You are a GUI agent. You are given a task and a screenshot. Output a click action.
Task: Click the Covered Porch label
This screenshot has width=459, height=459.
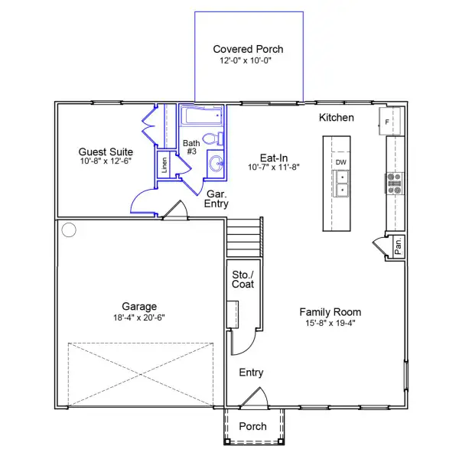pyautogui.click(x=248, y=49)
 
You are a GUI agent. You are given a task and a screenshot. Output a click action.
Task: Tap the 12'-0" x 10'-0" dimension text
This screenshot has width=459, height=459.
pyautogui.click(x=246, y=60)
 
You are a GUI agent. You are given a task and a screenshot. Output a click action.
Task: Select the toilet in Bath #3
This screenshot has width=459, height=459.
pyautogui.click(x=213, y=138)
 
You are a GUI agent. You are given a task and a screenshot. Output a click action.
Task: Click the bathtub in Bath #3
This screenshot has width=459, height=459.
pyautogui.click(x=201, y=116)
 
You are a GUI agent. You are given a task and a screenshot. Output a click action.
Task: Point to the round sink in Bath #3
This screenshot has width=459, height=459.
pyautogui.click(x=216, y=164)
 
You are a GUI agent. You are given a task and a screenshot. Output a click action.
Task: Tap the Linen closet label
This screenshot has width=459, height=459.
pyautogui.click(x=164, y=164)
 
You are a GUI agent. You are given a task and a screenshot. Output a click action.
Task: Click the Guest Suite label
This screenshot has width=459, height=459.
pyautogui.click(x=106, y=152)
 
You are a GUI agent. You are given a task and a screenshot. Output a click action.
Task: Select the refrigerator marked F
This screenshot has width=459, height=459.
pyautogui.click(x=389, y=122)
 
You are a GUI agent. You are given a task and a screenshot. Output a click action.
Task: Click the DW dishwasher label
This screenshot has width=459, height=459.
pyautogui.click(x=340, y=162)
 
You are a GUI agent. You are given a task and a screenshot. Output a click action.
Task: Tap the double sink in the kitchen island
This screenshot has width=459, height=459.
pyautogui.click(x=341, y=184)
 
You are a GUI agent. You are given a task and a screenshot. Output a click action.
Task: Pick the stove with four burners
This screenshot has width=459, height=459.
pyautogui.click(x=394, y=184)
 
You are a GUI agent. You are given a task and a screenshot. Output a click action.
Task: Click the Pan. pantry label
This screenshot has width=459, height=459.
pyautogui.click(x=398, y=246)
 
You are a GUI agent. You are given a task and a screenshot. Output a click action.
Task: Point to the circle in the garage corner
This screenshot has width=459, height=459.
pyautogui.click(x=69, y=229)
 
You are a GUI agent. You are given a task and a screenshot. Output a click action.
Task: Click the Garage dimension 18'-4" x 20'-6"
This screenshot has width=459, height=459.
pyautogui.click(x=139, y=317)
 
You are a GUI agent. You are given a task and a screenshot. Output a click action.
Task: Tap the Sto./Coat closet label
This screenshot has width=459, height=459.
pyautogui.click(x=243, y=279)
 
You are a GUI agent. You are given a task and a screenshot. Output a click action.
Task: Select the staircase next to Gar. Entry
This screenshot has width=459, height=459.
pyautogui.click(x=243, y=237)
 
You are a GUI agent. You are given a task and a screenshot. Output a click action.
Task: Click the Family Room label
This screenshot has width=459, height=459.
pyautogui.click(x=330, y=312)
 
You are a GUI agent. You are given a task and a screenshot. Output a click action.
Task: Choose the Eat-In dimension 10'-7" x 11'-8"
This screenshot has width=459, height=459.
pyautogui.click(x=274, y=167)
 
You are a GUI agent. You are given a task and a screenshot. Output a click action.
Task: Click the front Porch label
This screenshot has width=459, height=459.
pyautogui.click(x=252, y=426)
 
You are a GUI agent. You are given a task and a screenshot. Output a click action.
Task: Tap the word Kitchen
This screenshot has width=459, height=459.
pyautogui.click(x=337, y=118)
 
